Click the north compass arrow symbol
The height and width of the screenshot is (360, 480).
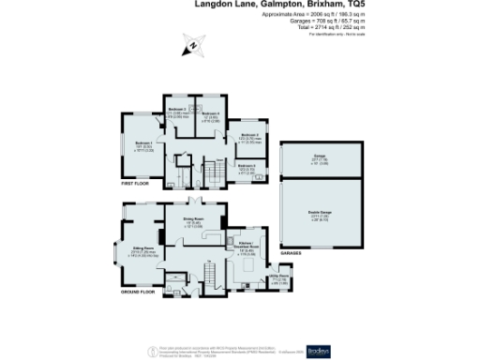pyautogui.click(x=193, y=44)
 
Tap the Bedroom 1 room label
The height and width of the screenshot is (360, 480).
pyautogui.click(x=144, y=146)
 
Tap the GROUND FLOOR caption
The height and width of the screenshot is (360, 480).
pyautogui.click(x=138, y=292)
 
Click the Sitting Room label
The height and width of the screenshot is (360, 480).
pyautogui.click(x=142, y=249)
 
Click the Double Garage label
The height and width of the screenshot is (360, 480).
pyautogui.click(x=321, y=215)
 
